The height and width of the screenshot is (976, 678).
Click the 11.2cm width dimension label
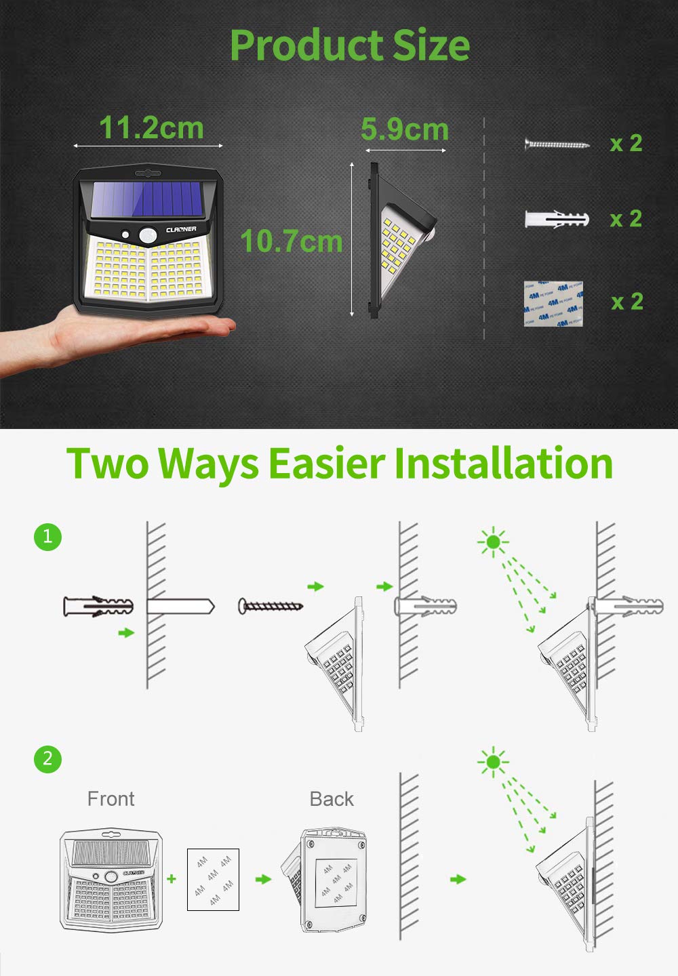151,127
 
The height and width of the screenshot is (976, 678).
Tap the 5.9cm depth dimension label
405,129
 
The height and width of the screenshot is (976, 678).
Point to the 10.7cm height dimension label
292,241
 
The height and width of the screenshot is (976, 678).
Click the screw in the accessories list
556,144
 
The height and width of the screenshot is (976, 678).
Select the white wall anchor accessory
556,219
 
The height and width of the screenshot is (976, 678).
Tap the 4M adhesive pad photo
553,304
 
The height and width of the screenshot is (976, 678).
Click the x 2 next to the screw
626,143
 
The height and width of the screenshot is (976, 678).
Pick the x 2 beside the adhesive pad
626,302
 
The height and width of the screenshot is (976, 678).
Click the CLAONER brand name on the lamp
181,230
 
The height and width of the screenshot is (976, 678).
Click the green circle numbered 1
47,537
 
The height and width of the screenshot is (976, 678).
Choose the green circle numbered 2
47,758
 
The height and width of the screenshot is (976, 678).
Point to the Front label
111,799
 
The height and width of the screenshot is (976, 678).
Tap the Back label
332,799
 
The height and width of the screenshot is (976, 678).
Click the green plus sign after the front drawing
172,878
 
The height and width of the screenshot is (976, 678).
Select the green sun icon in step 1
493,542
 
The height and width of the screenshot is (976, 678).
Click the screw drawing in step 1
270,606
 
